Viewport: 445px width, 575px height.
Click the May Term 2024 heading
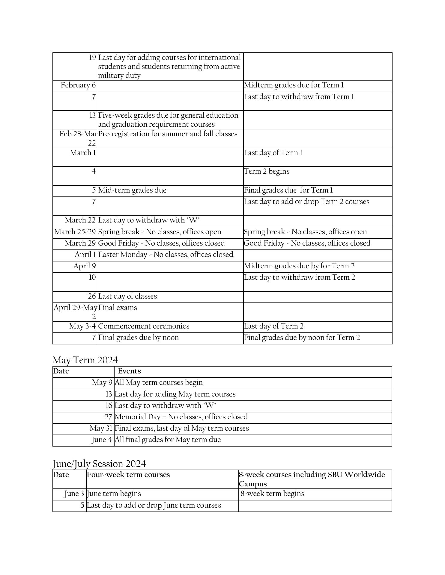[85, 360]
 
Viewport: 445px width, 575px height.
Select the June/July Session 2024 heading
[99, 464]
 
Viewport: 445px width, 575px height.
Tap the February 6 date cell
[78, 85]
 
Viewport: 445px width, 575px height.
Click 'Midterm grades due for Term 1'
[294, 85]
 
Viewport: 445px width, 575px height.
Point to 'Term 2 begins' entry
[267, 172]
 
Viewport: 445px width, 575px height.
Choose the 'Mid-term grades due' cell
[132, 190]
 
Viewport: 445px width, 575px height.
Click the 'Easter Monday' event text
[166, 255]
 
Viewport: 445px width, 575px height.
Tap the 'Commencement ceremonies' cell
[144, 326]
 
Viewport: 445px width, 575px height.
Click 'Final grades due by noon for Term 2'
[302, 338]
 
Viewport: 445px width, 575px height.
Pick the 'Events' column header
[129, 371]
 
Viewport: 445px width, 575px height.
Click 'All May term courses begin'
[159, 383]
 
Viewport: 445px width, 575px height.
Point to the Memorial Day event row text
[181, 417]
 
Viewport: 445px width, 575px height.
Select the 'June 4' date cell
[102, 440]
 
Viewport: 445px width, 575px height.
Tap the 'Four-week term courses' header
[128, 475]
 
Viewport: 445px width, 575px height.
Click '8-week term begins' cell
[272, 494]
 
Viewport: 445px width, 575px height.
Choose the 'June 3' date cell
[74, 494]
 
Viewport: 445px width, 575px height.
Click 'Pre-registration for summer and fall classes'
[168, 134]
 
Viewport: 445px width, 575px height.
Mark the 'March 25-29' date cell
[75, 232]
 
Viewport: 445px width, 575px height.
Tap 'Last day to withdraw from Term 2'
[299, 278]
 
